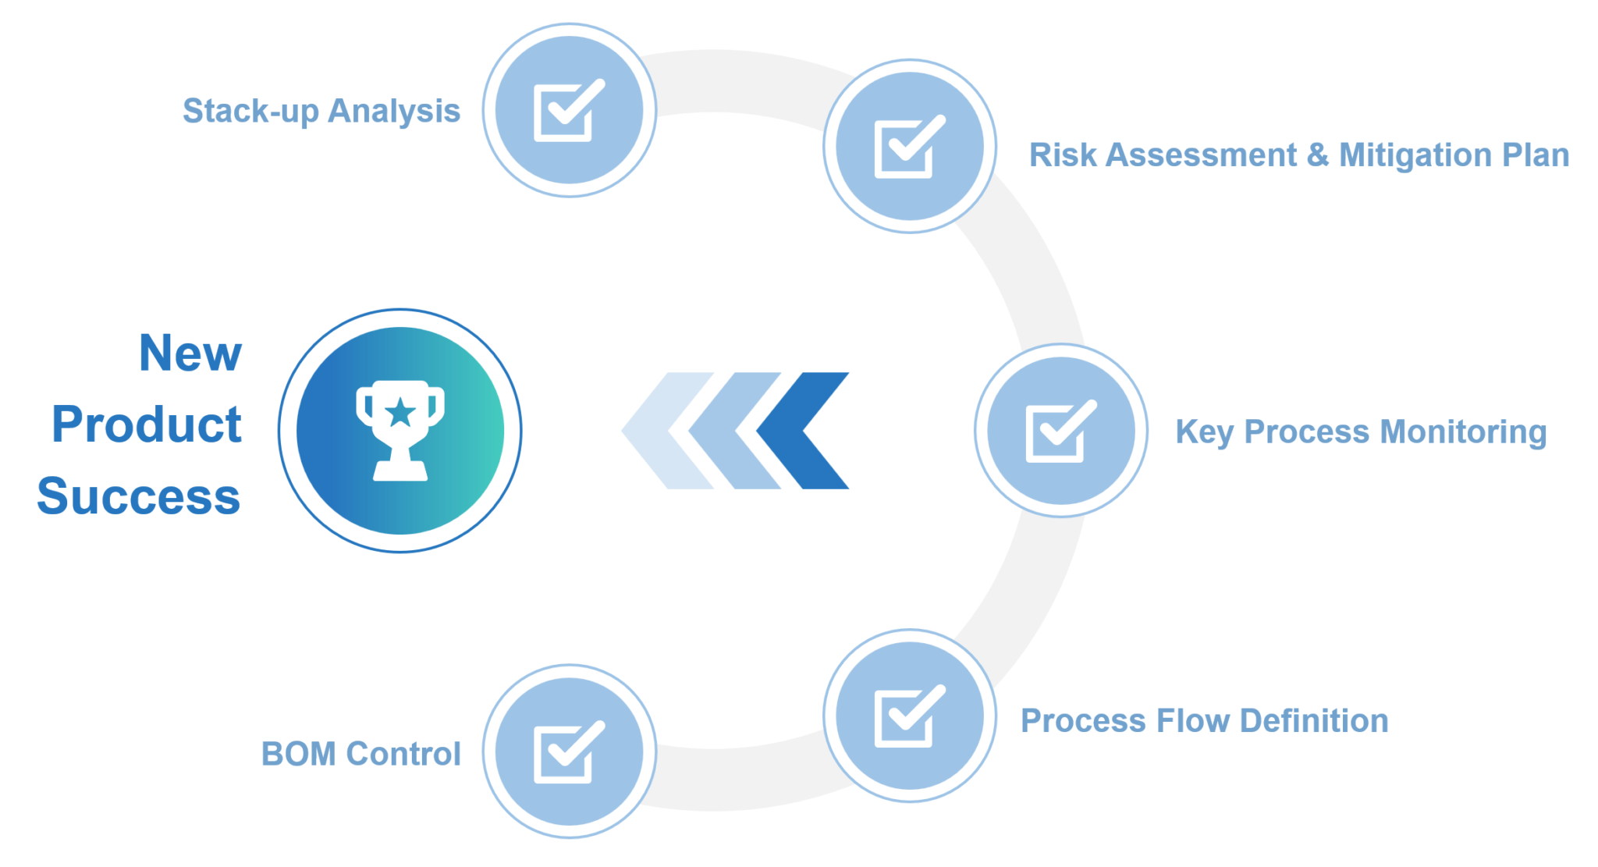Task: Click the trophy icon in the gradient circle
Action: pyautogui.click(x=400, y=430)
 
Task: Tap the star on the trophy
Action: pyautogui.click(x=400, y=412)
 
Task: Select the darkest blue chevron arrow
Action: pyautogui.click(x=802, y=431)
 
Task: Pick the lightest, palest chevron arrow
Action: pyautogui.click(x=667, y=431)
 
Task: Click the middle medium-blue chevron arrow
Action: pyautogui.click(x=734, y=431)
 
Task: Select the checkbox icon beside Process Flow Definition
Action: pyautogui.click(x=910, y=716)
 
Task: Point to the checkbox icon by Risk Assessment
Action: pyautogui.click(x=910, y=146)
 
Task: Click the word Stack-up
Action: pyautogui.click(x=250, y=112)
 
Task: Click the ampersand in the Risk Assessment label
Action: pyautogui.click(x=1318, y=155)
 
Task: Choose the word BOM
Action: pyautogui.click(x=299, y=754)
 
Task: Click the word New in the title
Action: pyautogui.click(x=190, y=354)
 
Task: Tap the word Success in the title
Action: pyautogui.click(x=139, y=496)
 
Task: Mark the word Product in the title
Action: pyautogui.click(x=147, y=425)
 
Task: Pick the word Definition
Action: pyautogui.click(x=1314, y=721)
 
